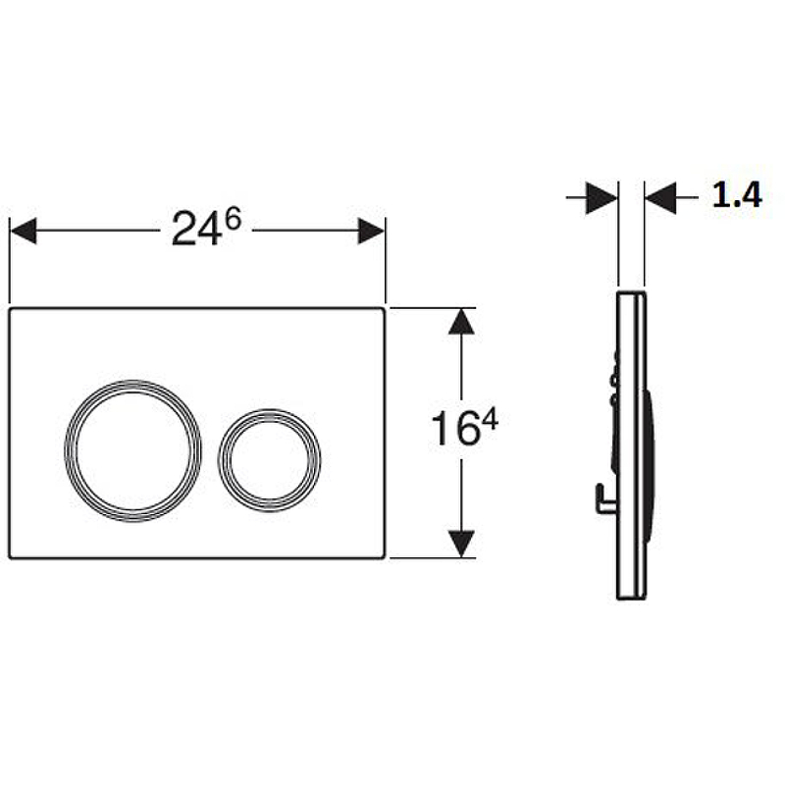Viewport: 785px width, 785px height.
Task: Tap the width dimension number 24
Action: (196, 229)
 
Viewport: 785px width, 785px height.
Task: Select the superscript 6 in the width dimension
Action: (233, 219)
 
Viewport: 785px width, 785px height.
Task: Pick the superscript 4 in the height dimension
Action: (489, 419)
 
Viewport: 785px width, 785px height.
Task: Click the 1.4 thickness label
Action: (737, 194)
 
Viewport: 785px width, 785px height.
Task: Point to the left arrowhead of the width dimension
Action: (23, 231)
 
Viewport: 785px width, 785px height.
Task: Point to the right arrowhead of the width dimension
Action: (372, 231)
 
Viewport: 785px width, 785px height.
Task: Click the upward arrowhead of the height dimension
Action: (461, 321)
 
